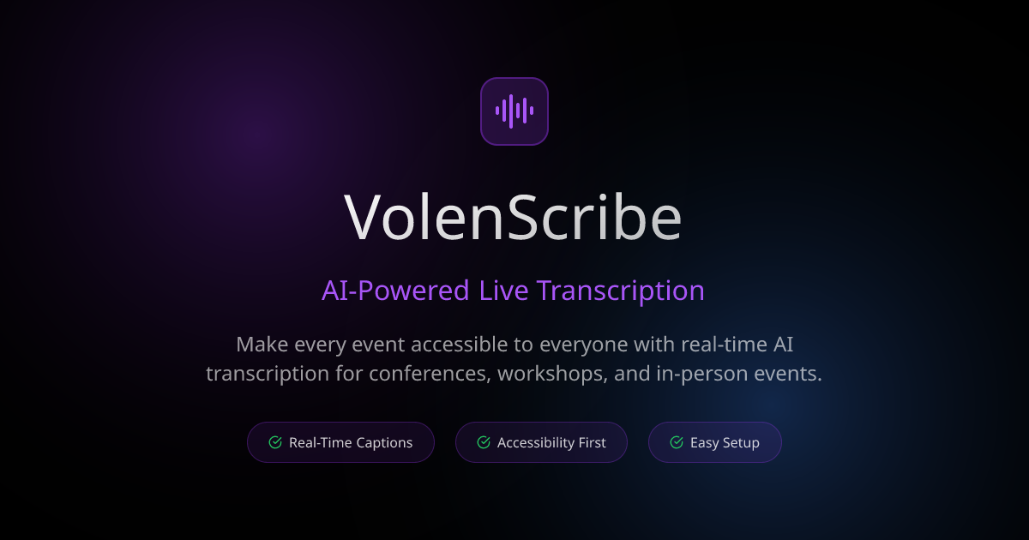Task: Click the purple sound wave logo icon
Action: click(514, 111)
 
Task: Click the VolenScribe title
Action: click(513, 218)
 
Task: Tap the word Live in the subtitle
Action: click(503, 291)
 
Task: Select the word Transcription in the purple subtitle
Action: click(621, 291)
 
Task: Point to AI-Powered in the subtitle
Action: click(395, 291)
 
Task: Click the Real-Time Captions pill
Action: click(340, 442)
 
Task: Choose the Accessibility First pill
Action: click(541, 442)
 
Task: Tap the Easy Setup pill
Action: click(714, 442)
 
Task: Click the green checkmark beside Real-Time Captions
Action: click(275, 442)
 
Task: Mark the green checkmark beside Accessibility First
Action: click(484, 442)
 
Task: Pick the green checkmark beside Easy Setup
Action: click(677, 442)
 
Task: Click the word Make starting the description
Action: click(262, 345)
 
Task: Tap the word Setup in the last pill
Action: click(740, 443)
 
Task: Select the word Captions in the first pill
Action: click(382, 443)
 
